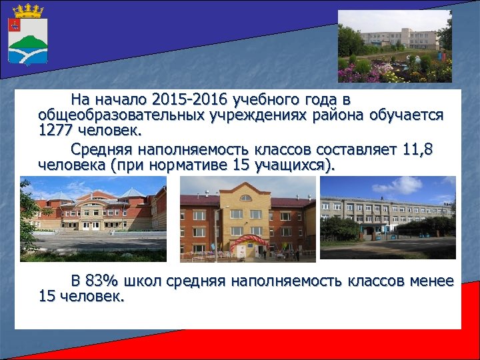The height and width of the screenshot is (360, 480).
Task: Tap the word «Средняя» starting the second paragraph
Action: tap(103, 149)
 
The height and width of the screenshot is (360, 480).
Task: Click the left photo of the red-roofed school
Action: tap(93, 219)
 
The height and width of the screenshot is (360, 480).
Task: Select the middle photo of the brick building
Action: tap(247, 219)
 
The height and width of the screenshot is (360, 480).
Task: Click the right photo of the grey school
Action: tap(388, 217)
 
